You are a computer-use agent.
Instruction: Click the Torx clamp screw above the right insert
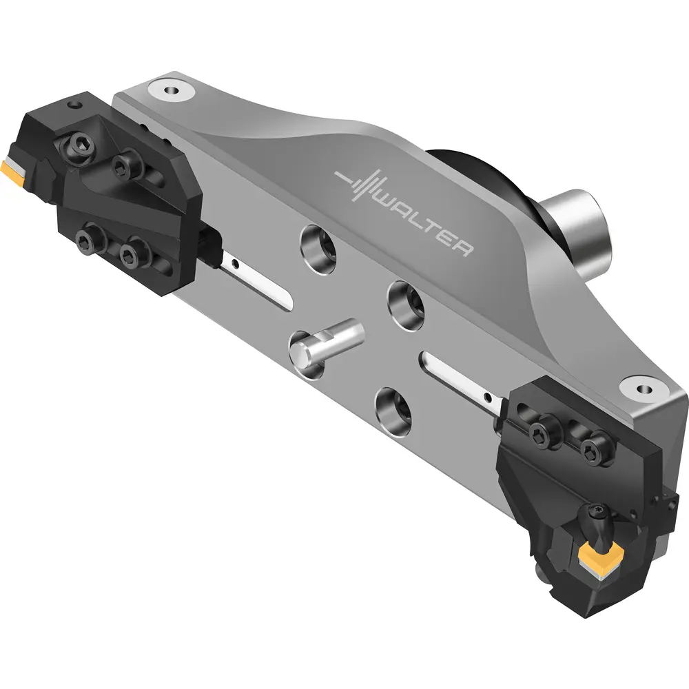click(x=599, y=512)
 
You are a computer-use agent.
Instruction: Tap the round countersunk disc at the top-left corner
click(x=172, y=90)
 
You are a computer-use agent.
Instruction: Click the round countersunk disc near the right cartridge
click(x=644, y=389)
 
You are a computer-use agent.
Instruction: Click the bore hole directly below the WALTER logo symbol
click(x=318, y=249)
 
